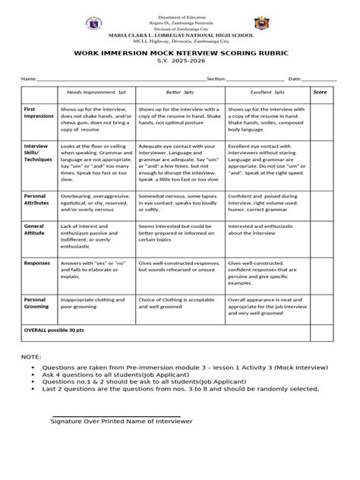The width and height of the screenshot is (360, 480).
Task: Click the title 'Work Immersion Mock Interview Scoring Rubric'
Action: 179,54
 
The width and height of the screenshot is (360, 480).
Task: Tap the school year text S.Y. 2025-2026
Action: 179,64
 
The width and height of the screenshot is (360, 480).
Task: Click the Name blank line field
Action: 122,78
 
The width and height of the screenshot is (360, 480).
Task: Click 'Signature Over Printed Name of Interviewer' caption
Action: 122,421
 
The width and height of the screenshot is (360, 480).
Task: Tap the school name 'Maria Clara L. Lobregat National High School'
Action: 179,34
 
